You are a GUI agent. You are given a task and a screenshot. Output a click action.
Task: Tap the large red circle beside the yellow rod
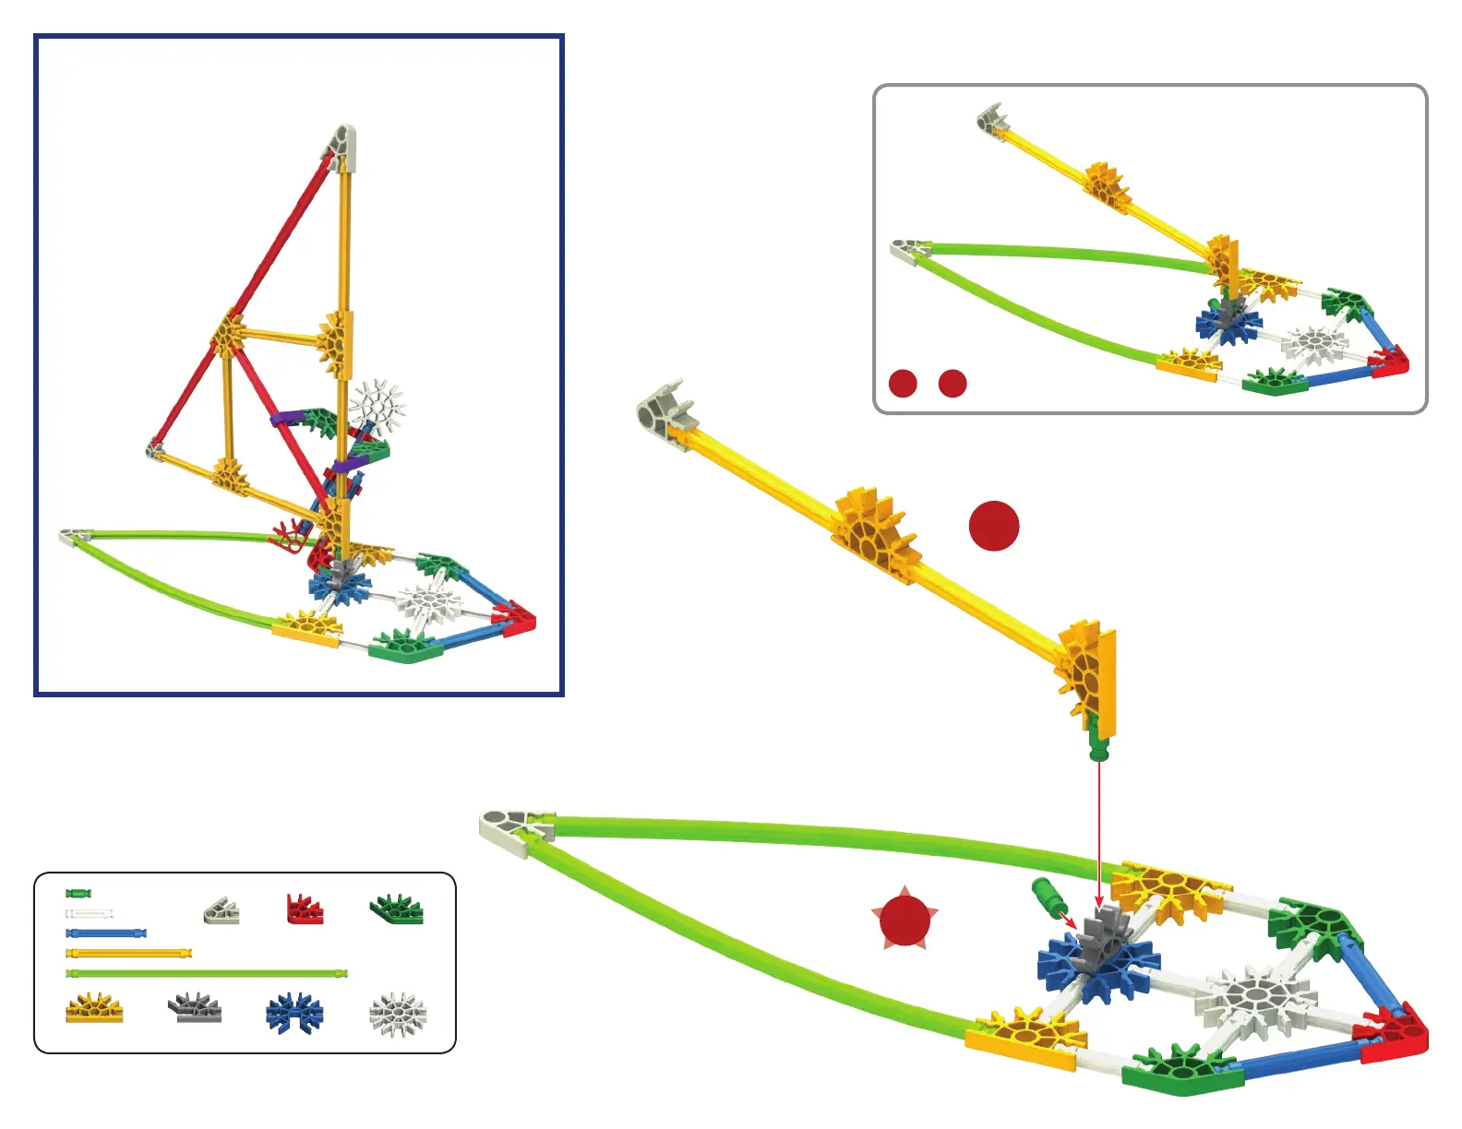click(x=994, y=526)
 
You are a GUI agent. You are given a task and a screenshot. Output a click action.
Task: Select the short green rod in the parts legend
click(x=78, y=893)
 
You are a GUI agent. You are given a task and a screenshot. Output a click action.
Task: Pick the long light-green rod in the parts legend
click(x=207, y=973)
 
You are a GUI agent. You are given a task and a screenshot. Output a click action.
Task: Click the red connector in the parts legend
click(x=304, y=909)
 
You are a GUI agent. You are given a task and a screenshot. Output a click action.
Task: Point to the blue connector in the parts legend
click(x=294, y=1013)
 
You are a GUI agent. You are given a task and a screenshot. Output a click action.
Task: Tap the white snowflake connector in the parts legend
click(x=398, y=1014)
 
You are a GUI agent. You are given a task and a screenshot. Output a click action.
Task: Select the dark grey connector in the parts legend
click(x=195, y=1008)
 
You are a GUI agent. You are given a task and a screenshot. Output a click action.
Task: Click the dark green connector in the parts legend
click(x=397, y=909)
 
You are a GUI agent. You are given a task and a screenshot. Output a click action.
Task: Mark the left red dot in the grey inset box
click(x=903, y=383)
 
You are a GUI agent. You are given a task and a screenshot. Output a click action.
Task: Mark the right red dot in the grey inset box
click(x=953, y=383)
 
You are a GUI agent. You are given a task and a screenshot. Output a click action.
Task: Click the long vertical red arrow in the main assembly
click(x=1099, y=830)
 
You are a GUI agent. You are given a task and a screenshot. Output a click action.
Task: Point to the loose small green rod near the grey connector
click(x=1047, y=895)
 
